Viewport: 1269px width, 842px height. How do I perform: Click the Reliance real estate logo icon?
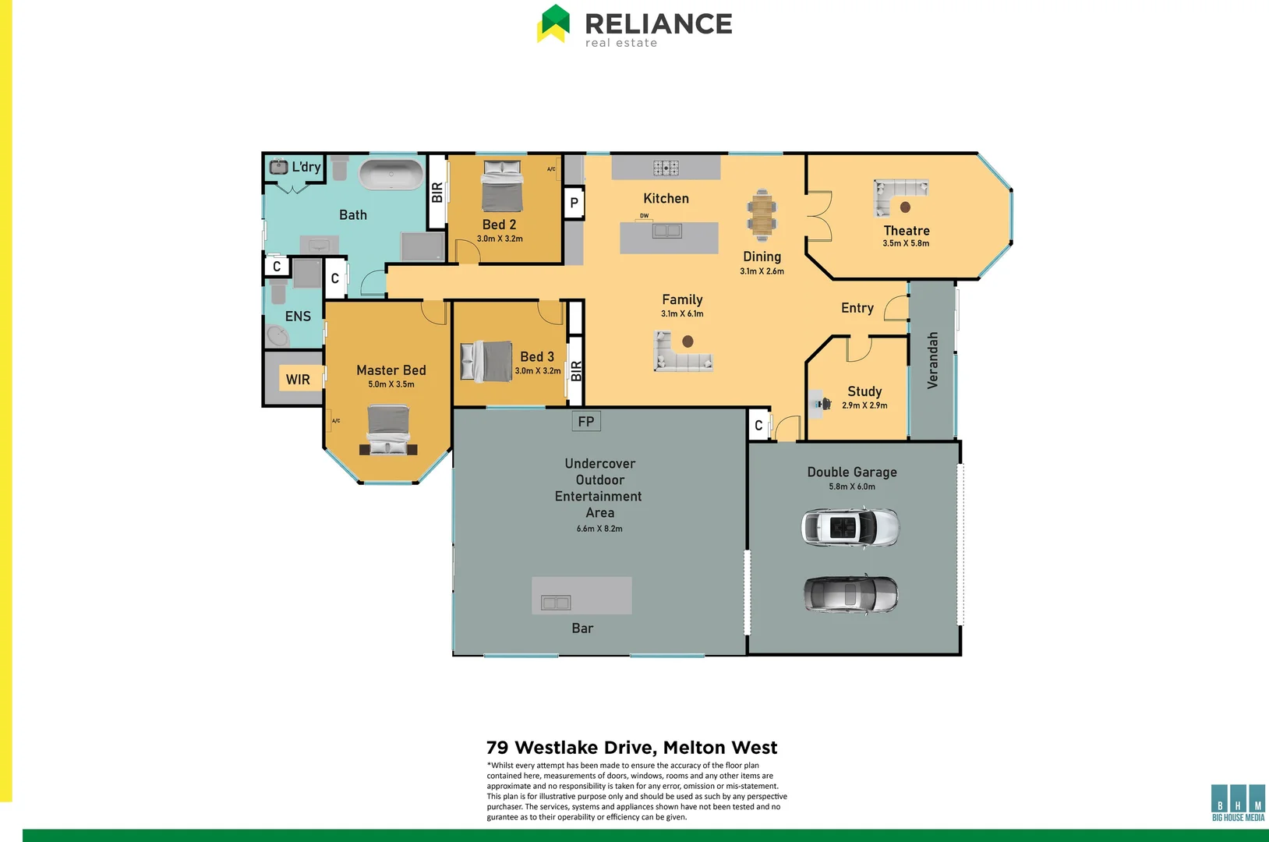point(553,23)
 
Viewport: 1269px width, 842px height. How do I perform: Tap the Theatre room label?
point(907,231)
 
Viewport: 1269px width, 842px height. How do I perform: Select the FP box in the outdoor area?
point(586,422)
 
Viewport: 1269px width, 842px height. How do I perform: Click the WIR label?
point(298,380)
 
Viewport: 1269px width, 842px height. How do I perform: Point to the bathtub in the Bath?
point(391,175)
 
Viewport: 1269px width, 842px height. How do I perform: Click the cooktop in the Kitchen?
point(666,168)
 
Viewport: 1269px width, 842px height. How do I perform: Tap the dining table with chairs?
point(762,214)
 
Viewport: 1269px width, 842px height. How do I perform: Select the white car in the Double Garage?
point(850,528)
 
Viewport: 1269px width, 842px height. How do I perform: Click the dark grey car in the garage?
point(850,595)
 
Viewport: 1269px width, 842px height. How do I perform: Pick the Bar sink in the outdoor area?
point(556,603)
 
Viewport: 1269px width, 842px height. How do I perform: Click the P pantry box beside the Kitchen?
point(574,203)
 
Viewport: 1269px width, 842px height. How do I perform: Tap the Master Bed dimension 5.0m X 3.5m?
point(391,384)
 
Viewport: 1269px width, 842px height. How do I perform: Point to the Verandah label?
point(933,360)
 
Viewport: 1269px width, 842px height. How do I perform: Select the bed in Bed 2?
point(501,186)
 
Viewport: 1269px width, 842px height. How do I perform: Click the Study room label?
point(864,391)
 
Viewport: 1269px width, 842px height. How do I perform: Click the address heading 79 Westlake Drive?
point(631,748)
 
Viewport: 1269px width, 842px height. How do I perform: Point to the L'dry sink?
point(278,167)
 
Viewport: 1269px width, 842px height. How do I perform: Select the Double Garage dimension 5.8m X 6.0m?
point(852,486)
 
